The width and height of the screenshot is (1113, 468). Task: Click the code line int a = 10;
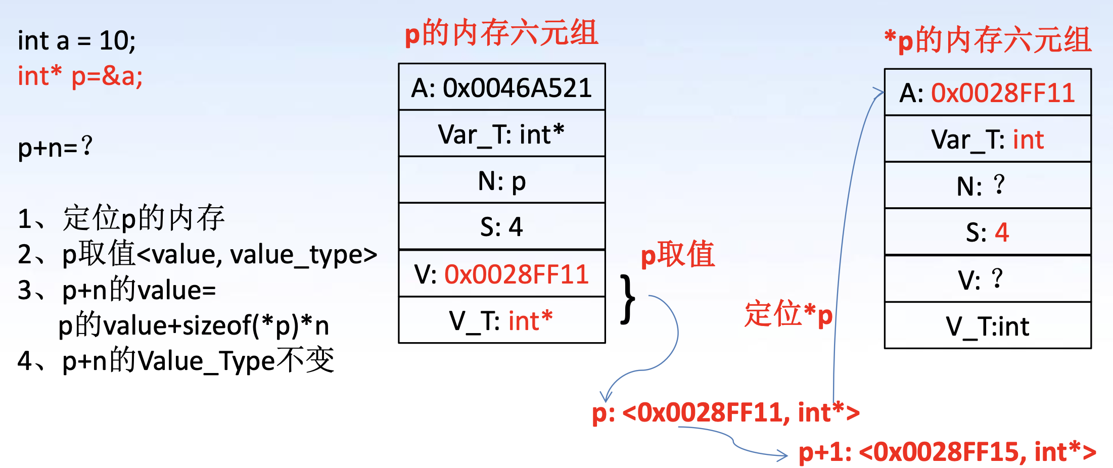(77, 40)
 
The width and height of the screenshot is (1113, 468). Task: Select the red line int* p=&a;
(80, 76)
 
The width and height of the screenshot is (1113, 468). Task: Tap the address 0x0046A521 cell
(501, 87)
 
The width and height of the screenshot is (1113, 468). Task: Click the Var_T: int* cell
(501, 134)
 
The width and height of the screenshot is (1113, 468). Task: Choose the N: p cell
(501, 181)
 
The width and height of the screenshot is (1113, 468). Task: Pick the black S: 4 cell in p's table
(501, 227)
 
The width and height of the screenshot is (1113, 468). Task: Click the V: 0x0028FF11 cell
(501, 274)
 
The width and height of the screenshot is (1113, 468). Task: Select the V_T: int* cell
(501, 320)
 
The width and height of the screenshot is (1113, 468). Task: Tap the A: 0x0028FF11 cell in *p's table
(987, 93)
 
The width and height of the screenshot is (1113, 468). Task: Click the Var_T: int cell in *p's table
(987, 139)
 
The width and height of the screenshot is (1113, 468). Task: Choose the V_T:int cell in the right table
(987, 326)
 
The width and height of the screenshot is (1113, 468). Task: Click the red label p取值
(678, 254)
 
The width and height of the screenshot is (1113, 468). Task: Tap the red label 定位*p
(788, 314)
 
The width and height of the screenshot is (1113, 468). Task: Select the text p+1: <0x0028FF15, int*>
(947, 452)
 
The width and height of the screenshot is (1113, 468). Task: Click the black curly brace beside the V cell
(627, 299)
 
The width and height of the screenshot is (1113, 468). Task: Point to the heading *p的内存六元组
(988, 40)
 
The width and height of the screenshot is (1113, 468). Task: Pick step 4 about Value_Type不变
(176, 361)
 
